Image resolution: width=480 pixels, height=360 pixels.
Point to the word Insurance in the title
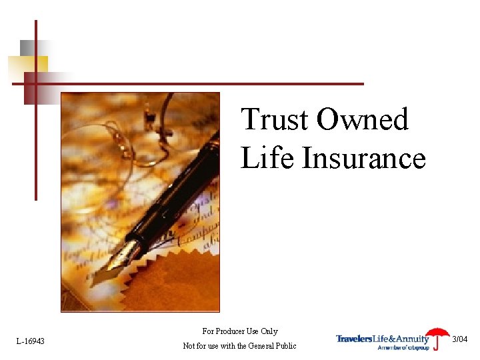pyautogui.click(x=364, y=159)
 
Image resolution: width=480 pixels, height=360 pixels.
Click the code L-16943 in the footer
pyautogui.click(x=31, y=341)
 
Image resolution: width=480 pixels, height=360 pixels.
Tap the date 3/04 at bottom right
pyautogui.click(x=461, y=339)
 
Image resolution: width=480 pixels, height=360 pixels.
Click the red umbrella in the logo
pyautogui.click(x=437, y=335)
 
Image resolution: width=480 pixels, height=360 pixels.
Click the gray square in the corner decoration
pyautogui.click(x=27, y=47)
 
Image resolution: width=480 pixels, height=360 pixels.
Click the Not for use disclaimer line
pyautogui.click(x=239, y=346)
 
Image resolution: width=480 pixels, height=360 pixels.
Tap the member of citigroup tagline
pyautogui.click(x=403, y=347)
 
